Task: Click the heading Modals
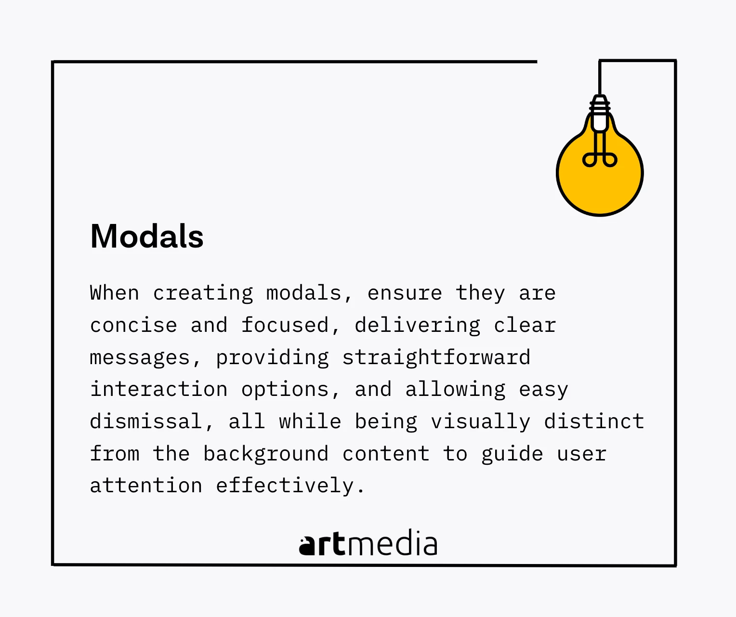coord(146,236)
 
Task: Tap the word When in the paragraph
coord(115,293)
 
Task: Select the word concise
coord(133,325)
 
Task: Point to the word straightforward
coord(436,357)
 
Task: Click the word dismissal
coord(146,421)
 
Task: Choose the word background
coord(266,453)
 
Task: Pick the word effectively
coord(285,485)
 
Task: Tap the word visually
coord(480,421)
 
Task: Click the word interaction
coord(158,389)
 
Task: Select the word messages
coord(140,358)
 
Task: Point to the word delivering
coord(417,326)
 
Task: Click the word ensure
coord(405,293)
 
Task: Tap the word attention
coord(146,485)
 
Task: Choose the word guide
coord(512,454)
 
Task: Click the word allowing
coord(455,390)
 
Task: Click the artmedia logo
coord(368,543)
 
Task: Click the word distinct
coord(594,421)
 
